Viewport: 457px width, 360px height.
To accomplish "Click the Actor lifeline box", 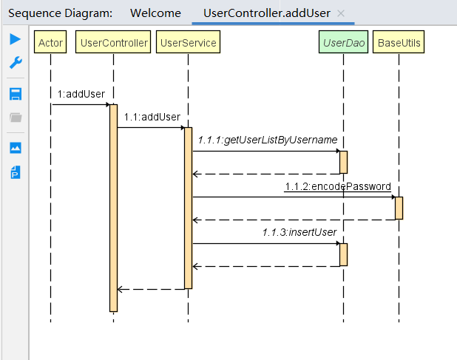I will (x=50, y=43).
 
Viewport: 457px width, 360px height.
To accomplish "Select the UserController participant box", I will (x=113, y=43).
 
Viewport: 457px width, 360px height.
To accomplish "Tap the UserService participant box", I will (x=188, y=43).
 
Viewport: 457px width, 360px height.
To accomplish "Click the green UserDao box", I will (x=343, y=43).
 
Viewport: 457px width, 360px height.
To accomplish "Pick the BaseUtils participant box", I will (x=399, y=43).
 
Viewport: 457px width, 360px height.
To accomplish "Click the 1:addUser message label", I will (x=81, y=94).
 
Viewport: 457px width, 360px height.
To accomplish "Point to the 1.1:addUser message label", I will (x=152, y=117).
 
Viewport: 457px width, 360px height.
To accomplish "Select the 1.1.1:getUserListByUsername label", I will (x=268, y=140).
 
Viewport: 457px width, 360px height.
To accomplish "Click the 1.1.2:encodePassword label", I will (x=337, y=186).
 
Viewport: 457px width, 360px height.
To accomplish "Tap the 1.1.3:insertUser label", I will (x=299, y=232).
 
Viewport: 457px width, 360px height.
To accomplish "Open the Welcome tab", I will (x=155, y=13).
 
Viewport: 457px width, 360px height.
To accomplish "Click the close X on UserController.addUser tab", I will (x=340, y=13).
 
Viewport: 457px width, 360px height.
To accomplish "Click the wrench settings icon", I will (x=15, y=64).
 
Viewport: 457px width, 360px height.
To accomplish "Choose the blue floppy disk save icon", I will (x=15, y=94).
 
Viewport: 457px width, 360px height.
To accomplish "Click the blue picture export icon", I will (x=15, y=147).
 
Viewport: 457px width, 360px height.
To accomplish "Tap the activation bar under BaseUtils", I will (x=399, y=208).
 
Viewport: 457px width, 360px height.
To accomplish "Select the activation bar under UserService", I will (x=188, y=207).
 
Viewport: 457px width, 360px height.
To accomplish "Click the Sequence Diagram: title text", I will (x=61, y=13).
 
